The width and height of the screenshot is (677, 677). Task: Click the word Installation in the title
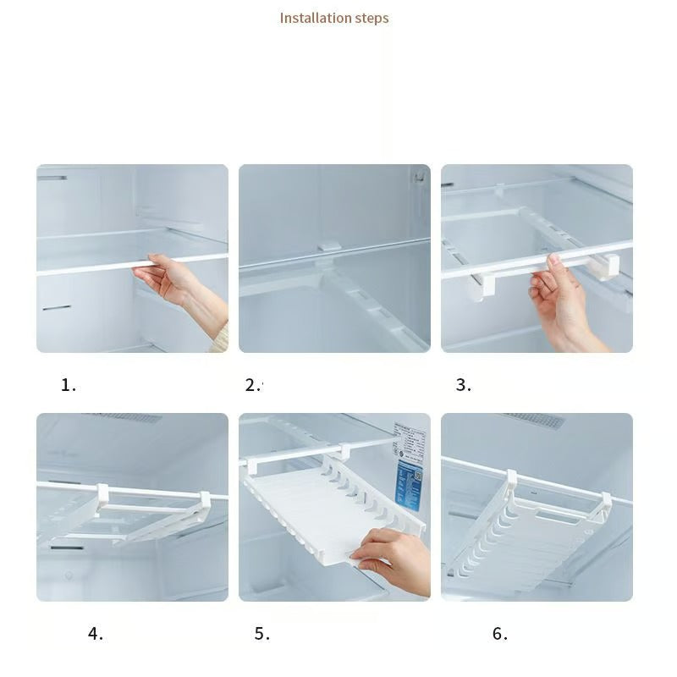click(311, 18)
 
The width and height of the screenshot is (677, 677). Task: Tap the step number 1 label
click(69, 385)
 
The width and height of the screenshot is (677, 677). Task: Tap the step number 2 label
click(253, 385)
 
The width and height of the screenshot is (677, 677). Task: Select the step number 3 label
click(463, 385)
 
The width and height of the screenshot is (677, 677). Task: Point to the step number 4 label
click(96, 634)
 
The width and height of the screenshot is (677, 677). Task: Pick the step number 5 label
click(261, 634)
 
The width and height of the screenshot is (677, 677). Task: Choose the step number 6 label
click(500, 634)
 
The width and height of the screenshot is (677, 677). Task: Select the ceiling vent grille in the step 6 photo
click(535, 420)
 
